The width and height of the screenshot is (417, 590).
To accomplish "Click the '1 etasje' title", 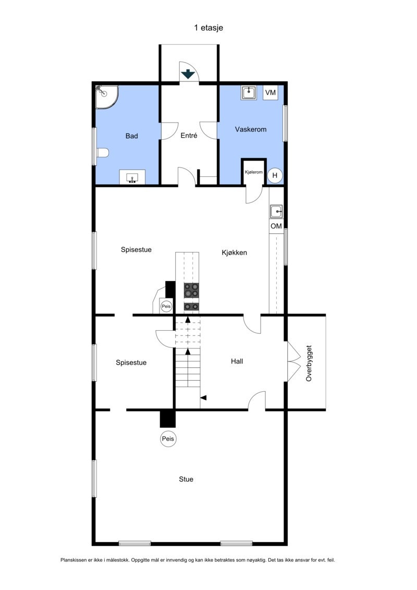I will tap(208, 28).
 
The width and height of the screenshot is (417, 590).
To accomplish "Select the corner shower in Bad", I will tap(106, 97).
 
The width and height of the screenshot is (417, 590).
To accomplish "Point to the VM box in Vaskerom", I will tap(270, 93).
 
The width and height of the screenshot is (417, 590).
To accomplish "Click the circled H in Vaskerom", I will tap(275, 175).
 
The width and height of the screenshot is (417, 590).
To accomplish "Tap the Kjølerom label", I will tap(254, 172).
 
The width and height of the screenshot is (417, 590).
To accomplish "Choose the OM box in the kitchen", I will tap(276, 226).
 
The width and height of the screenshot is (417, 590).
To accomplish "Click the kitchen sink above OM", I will tap(276, 212).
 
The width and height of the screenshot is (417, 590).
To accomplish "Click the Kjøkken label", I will tap(234, 252).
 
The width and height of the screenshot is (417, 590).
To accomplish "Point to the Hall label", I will tap(237, 361).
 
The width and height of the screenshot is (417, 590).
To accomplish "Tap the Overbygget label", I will tap(309, 363).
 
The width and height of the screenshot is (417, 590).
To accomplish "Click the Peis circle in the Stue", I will tap(168, 439).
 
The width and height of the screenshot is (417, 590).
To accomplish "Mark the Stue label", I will tap(186, 479).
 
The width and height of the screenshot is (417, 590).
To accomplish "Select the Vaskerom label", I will tap(251, 129).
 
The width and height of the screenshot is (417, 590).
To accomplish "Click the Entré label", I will tap(189, 136).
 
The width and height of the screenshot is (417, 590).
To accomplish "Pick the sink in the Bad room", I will tap(132, 177).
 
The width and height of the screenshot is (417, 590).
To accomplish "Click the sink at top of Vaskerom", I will tap(249, 93).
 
